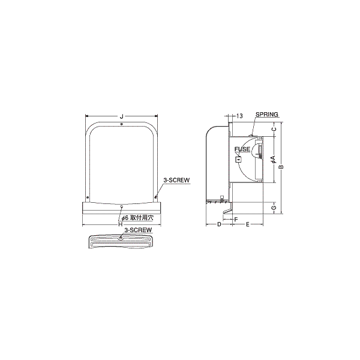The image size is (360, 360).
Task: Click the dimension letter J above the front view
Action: tap(121, 116)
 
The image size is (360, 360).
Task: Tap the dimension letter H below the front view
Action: tap(121, 224)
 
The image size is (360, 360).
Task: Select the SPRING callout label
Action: tap(267, 114)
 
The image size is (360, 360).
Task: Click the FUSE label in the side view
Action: tap(242, 149)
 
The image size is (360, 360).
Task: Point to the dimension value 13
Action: tap(239, 116)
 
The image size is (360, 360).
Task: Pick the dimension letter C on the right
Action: tap(274, 129)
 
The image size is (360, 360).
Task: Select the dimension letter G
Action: tap(274, 208)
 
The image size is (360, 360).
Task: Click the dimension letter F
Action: tap(236, 220)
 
